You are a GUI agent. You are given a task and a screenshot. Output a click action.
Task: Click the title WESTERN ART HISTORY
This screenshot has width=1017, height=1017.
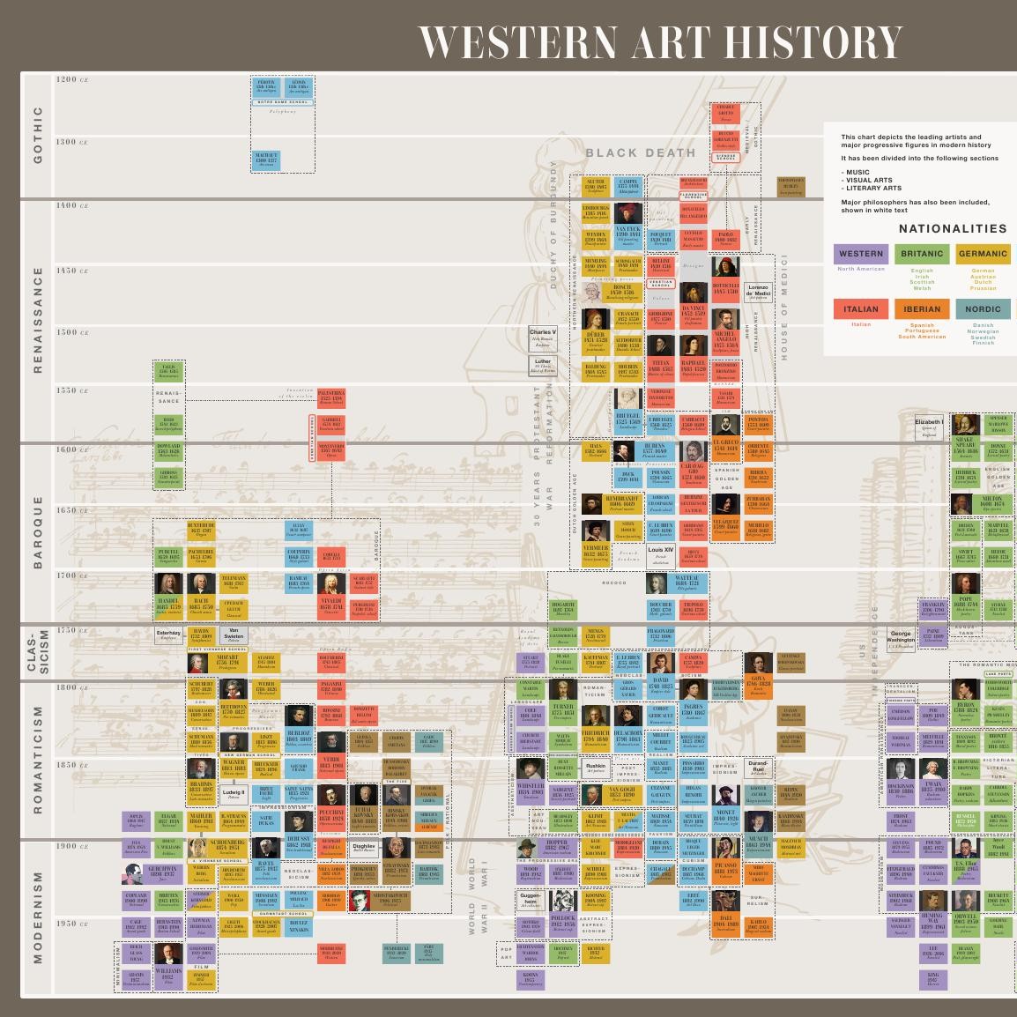pyautogui.click(x=659, y=41)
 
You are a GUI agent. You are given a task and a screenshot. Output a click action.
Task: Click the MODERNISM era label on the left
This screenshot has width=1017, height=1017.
pyautogui.click(x=38, y=917)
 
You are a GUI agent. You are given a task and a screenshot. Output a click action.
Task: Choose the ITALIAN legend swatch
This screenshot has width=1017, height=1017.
pyautogui.click(x=860, y=309)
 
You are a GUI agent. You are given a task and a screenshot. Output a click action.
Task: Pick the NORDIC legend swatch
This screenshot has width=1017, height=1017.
pyautogui.click(x=982, y=309)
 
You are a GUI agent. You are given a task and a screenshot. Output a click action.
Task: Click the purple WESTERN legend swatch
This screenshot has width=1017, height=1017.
pyautogui.click(x=860, y=254)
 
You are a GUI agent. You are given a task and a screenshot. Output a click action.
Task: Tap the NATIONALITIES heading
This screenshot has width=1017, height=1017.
pyautogui.click(x=952, y=228)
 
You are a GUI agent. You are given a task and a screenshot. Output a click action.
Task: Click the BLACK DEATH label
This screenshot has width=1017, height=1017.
pyautogui.click(x=641, y=152)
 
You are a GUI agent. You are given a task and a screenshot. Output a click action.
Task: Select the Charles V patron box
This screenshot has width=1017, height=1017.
pyautogui.click(x=543, y=336)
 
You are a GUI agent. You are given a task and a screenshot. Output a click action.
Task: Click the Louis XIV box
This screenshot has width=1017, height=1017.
pyautogui.click(x=660, y=554)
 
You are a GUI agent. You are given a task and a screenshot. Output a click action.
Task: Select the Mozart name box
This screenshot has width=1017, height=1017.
pyautogui.click(x=226, y=662)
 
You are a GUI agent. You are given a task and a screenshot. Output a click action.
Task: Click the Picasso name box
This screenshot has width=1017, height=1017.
pyautogui.click(x=725, y=871)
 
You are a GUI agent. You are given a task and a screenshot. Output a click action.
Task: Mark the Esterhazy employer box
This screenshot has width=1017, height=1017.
pyautogui.click(x=168, y=635)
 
